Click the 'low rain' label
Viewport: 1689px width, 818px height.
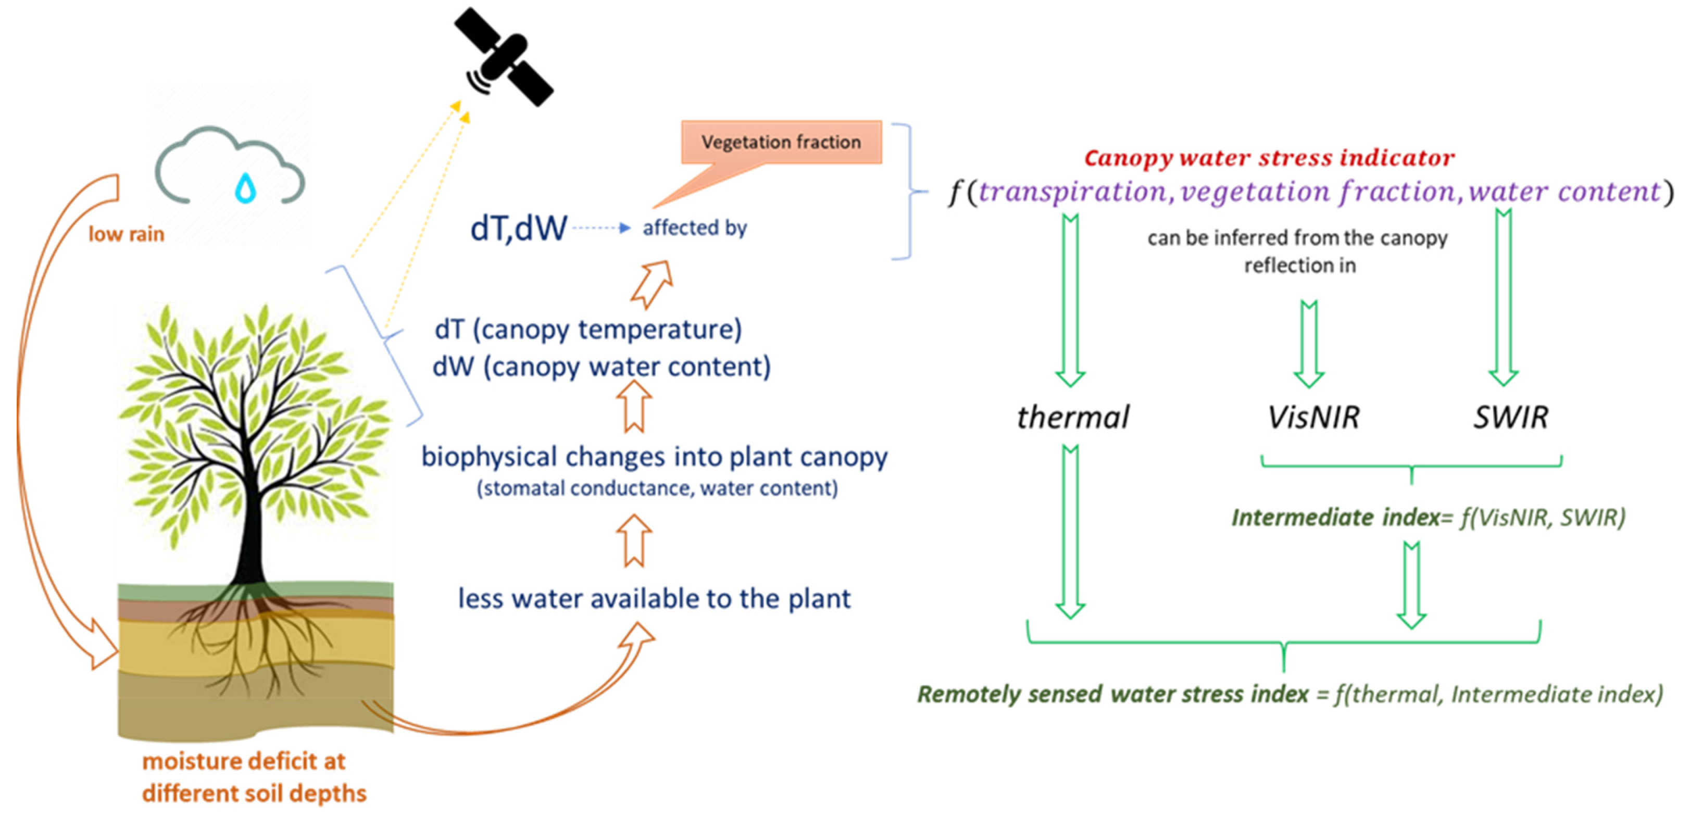[x=126, y=234]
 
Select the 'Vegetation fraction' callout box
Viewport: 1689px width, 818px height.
[x=781, y=142]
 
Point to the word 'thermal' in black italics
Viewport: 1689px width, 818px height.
[x=1073, y=417]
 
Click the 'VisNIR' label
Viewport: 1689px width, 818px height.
[x=1313, y=417]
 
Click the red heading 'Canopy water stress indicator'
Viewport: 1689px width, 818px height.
[x=1269, y=157]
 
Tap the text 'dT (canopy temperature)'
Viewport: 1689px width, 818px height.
[x=588, y=329]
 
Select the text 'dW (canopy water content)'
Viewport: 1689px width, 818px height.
[x=601, y=367]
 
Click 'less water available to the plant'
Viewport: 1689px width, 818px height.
[x=654, y=598]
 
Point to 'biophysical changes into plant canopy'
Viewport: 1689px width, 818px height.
[x=654, y=457]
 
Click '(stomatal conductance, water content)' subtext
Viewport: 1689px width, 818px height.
[x=657, y=488]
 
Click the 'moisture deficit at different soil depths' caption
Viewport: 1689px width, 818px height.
[x=254, y=777]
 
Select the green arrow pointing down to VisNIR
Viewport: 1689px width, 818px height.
[x=1309, y=344]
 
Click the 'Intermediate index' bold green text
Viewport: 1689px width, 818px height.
[x=1335, y=518]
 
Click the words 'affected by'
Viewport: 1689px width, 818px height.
[x=694, y=228]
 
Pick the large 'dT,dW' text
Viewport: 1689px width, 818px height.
[x=518, y=228]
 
